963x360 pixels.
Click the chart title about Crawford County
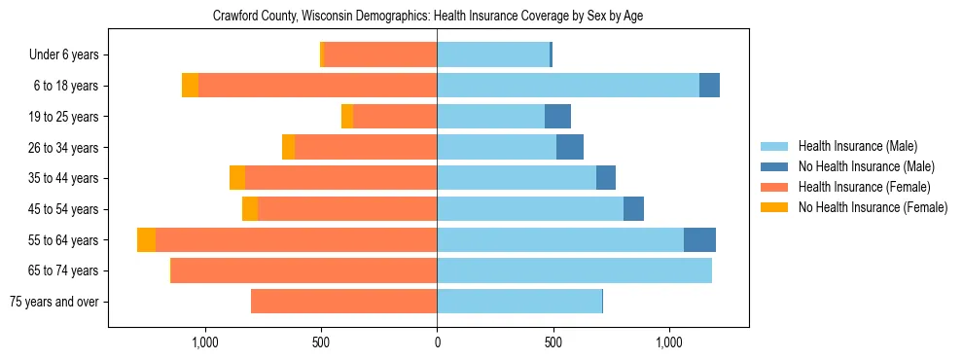428,16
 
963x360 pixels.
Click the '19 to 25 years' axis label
62,117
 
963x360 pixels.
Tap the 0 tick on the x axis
437,342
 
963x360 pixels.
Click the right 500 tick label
553,342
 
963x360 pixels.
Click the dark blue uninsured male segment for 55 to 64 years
699,240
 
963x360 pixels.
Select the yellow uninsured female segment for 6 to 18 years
190,86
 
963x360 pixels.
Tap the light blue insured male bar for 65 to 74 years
574,270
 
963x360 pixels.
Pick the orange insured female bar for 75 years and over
343,302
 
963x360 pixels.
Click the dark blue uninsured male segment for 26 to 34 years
569,148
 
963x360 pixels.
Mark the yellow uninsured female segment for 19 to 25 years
347,117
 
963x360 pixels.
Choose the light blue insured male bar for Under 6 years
493,55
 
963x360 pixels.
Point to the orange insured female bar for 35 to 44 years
340,178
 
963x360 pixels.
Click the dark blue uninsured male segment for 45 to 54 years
633,209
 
